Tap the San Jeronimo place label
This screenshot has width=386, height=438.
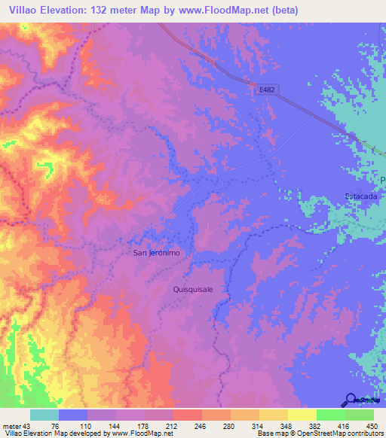pos(157,253)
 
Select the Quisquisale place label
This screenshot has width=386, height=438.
pos(194,287)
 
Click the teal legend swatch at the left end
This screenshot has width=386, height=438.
pos(44,415)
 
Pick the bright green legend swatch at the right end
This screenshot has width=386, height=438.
pos(360,415)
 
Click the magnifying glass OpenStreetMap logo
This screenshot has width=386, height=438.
pos(352,400)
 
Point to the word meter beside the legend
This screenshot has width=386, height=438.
pos(14,426)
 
